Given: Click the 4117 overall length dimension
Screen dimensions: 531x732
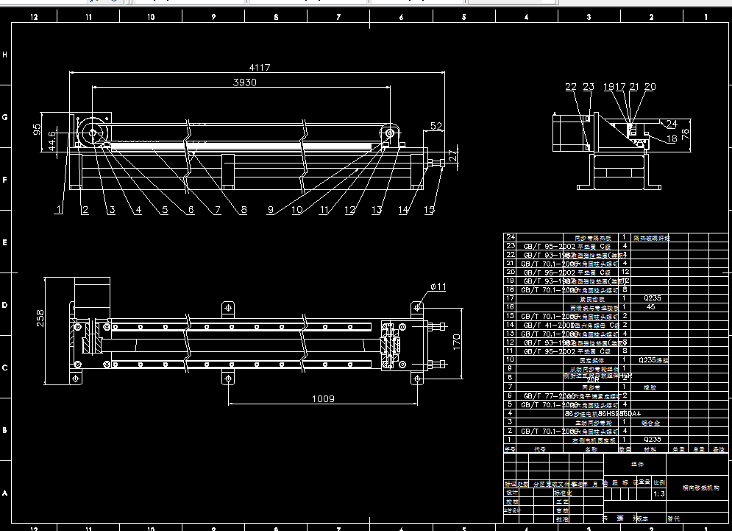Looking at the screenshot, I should coord(259,68).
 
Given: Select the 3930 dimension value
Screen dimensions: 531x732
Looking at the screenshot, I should coord(244,82).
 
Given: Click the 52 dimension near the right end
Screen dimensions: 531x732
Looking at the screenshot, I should coord(436,127).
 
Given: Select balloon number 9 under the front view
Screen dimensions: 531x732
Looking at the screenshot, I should coord(271,210).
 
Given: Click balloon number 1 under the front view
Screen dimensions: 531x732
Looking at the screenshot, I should coord(58,210).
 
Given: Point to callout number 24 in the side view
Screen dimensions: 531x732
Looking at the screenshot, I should coord(672,123).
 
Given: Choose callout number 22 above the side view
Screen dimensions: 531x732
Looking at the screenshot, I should coord(571,87).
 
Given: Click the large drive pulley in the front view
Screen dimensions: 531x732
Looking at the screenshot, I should coord(93,133).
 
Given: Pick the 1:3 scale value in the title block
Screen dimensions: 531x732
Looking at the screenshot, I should coord(659,493).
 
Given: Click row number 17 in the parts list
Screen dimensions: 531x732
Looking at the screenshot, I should coord(509,298).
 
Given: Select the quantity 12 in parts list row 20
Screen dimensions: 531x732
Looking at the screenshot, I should coord(625,272).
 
